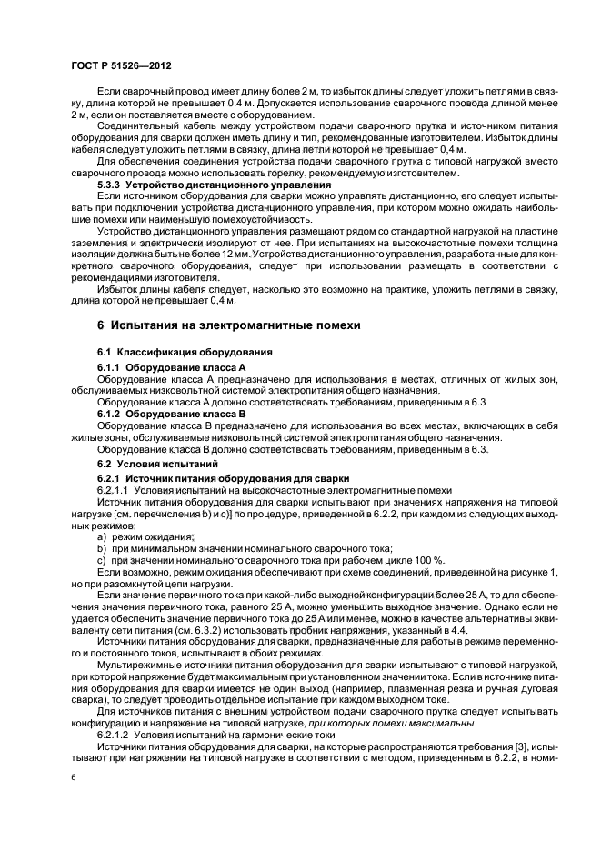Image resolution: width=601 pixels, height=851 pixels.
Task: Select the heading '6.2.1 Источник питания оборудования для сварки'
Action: coord(211,478)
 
